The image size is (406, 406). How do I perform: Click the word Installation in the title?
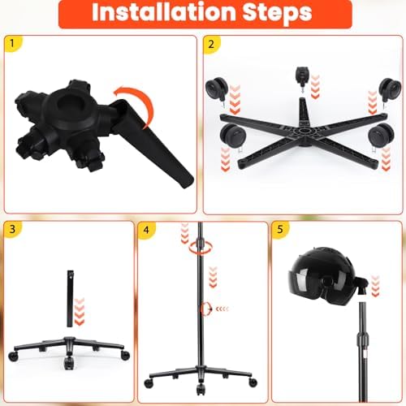click(164, 12)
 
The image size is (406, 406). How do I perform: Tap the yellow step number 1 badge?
click(12, 43)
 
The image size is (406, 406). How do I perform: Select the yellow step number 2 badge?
click(211, 44)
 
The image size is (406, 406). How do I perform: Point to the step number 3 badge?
click(12, 229)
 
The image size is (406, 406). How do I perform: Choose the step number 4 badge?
click(146, 230)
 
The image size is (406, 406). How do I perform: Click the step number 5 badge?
click(280, 230)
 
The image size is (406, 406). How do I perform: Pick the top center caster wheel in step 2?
click(302, 76)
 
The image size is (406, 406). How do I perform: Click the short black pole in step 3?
click(71, 299)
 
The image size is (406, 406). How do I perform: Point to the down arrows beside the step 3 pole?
click(80, 311)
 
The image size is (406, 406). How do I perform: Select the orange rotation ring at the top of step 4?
click(201, 248)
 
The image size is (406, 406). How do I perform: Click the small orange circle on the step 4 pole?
click(205, 309)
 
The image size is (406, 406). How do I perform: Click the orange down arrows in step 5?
click(375, 286)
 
